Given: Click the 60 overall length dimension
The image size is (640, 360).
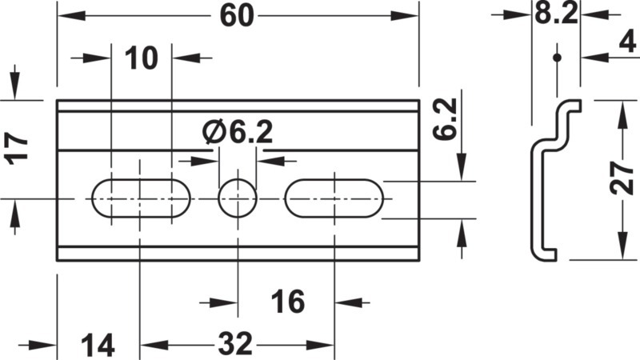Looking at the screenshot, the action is coord(237,16).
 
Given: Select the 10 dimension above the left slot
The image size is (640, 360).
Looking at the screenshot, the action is coord(142,58).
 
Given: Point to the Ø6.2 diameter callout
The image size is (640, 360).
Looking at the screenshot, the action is coord(238,132).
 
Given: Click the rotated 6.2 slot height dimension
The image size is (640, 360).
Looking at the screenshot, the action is coord(445,119).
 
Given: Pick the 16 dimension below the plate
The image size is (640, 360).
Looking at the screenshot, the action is coord(288,302).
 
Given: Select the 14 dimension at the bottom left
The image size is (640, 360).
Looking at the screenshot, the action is coord(98,346).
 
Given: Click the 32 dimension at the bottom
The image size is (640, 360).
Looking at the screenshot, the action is coord(235,344).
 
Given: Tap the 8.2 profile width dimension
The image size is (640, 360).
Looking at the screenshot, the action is coord(556,14).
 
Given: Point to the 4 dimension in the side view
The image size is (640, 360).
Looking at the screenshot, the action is coord(628,42).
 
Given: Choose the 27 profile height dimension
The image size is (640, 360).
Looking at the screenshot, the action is coord(622,178).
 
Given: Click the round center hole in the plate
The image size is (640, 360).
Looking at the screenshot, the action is coord(238,198).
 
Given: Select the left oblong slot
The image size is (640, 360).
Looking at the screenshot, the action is coord(141,198).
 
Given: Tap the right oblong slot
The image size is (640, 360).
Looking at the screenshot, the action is coord(334,198).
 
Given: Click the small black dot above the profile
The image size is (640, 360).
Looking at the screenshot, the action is coord(557,58).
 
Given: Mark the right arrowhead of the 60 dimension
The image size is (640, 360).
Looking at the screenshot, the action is coord(405,16).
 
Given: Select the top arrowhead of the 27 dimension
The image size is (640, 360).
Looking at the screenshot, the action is coord(622,114).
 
